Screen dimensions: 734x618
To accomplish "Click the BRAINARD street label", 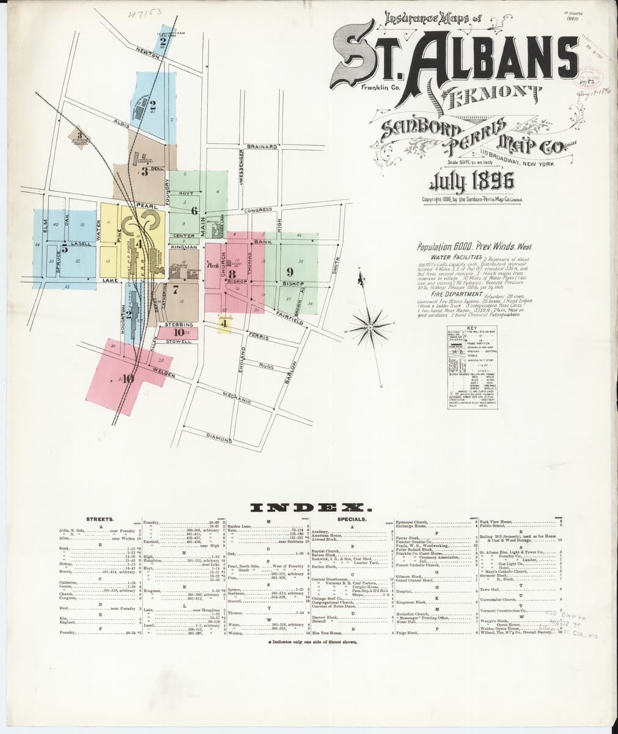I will [x=262, y=147].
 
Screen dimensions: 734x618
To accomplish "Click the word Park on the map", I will [x=213, y=267].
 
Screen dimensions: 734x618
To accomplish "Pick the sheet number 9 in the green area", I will [x=290, y=271].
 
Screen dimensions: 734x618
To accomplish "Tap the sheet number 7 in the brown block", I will [x=175, y=289].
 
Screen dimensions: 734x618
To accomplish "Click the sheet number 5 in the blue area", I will [x=64, y=248].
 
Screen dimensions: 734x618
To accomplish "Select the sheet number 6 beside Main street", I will [x=194, y=212].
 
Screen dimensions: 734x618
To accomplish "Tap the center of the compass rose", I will [x=370, y=328].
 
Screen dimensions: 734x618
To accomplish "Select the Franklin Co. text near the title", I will [x=380, y=88].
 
